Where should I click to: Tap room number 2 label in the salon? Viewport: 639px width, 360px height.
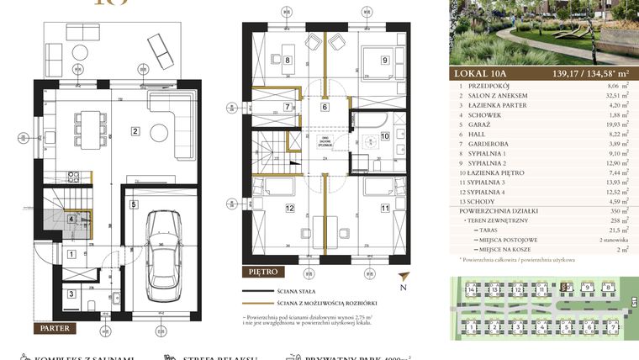(x=135, y=130)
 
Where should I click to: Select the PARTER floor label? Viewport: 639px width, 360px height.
(x=54, y=328)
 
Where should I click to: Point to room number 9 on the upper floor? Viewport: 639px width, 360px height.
(x=384, y=60)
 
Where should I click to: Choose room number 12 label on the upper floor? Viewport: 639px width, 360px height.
(x=288, y=209)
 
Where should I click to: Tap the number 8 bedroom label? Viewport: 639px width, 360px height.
(x=287, y=60)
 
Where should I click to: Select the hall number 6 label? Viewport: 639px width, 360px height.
(x=325, y=107)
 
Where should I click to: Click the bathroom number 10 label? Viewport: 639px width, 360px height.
(x=384, y=135)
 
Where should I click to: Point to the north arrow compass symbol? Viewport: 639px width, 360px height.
(x=406, y=281)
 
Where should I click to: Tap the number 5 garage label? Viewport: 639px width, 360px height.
(x=133, y=204)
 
